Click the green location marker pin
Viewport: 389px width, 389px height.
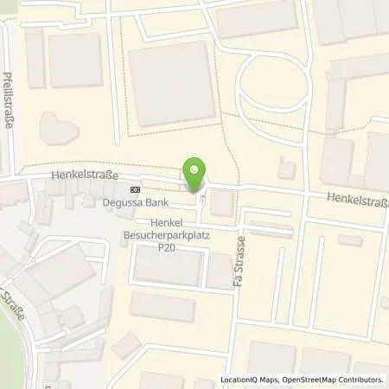[x=195, y=174]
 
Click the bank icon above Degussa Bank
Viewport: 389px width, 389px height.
[x=134, y=189]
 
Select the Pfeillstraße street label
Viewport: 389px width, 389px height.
[x=10, y=100]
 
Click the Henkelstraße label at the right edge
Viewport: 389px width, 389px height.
[x=357, y=200]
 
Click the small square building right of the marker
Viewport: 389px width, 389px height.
[x=221, y=204]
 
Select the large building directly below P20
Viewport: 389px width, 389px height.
[x=169, y=265]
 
